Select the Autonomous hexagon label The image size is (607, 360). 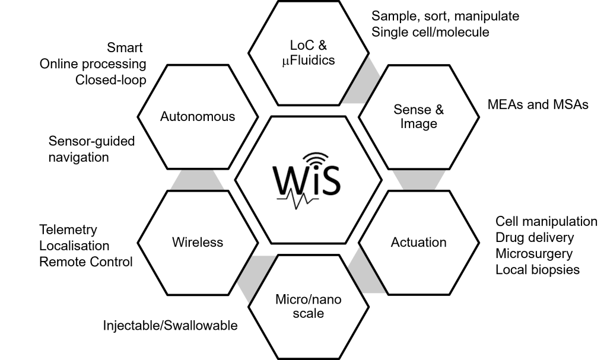click(198, 116)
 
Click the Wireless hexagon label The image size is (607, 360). click(198, 242)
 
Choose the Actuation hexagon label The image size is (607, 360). click(418, 242)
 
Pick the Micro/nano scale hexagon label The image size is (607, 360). click(308, 306)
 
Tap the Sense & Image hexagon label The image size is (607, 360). click(418, 117)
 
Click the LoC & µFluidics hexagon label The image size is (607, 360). click(308, 53)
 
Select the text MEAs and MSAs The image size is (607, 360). click(538, 104)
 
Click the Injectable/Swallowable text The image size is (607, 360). click(170, 326)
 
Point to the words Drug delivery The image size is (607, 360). click(535, 238)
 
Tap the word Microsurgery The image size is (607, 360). click(534, 254)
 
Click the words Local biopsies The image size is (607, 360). click(538, 270)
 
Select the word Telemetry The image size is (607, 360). click(68, 230)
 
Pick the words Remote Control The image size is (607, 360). click(86, 262)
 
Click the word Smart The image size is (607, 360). click(125, 47)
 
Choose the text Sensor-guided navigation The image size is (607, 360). click(92, 149)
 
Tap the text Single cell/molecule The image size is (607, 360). click(430, 32)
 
